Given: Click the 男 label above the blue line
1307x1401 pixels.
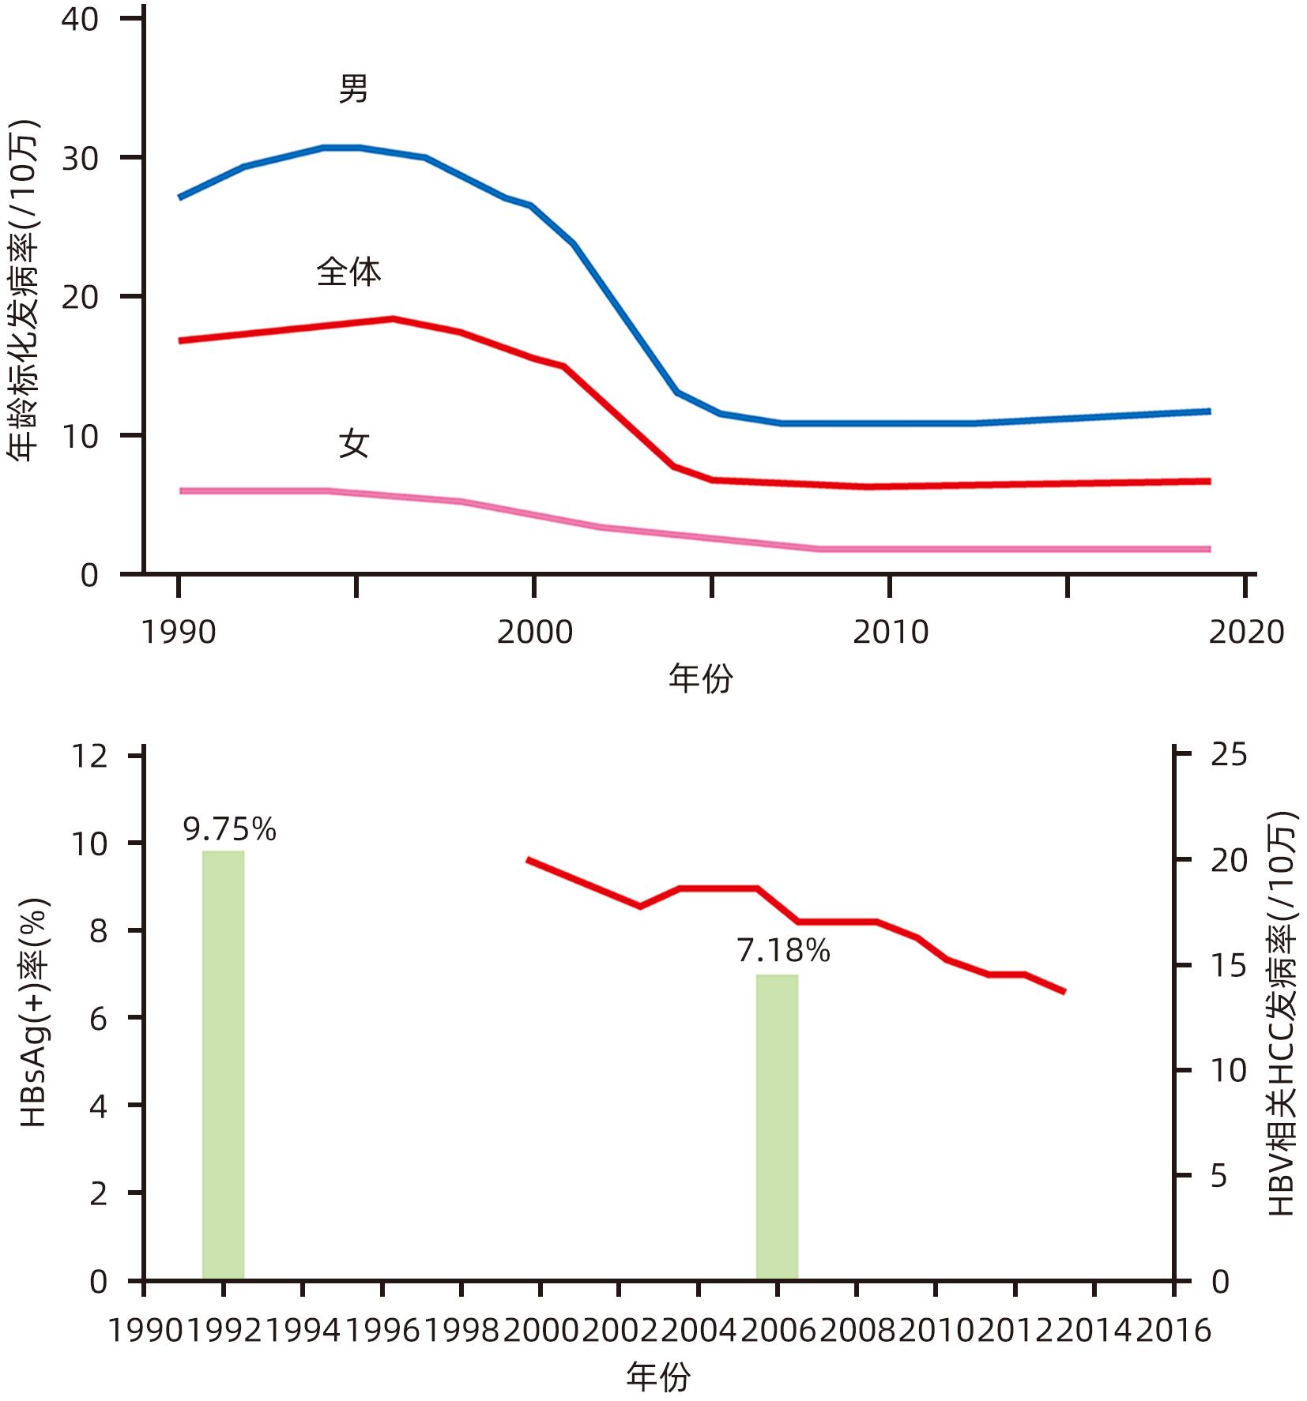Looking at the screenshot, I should point(353,89).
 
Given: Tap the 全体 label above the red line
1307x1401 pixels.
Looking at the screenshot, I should point(348,272).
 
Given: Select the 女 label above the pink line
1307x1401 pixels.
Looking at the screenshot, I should point(354,444).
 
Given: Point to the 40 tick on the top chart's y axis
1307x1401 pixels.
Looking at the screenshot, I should point(80,19).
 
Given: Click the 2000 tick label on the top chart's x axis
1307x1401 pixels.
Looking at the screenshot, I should point(534,633).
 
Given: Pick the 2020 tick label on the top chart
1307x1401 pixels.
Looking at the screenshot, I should point(1246,633).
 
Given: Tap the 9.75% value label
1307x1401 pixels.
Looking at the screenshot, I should point(229,829).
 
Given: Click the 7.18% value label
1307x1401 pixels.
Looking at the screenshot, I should point(783,951).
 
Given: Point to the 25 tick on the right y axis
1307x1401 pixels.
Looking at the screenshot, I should point(1229,755).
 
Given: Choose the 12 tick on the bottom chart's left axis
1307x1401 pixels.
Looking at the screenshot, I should point(89,757).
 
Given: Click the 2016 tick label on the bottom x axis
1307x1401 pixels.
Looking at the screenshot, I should point(1173,1331).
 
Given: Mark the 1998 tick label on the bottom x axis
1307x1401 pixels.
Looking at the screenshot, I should point(462,1331).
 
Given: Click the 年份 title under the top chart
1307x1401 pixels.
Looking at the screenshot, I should point(700,678).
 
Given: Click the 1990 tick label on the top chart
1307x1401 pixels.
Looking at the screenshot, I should point(179,633).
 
